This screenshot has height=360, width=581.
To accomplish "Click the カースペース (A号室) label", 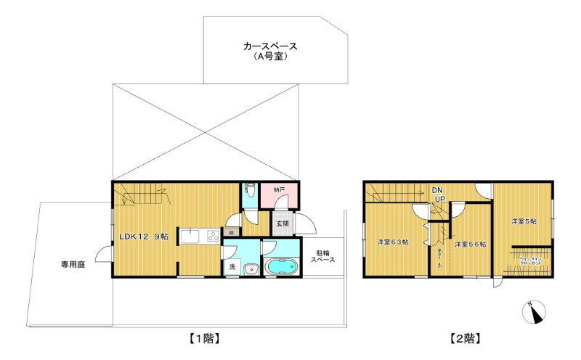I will click(270, 51).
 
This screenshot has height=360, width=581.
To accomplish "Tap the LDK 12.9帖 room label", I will click(144, 237).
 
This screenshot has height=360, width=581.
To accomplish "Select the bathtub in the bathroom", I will click(282, 266).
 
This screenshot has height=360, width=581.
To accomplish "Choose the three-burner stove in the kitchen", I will click(213, 235).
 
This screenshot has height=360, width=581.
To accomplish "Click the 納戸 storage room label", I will click(279, 190).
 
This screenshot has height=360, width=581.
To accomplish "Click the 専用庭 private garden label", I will click(73, 265).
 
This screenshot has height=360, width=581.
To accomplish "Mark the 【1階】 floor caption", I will click(204, 338).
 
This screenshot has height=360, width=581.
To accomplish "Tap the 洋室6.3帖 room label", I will click(391, 242).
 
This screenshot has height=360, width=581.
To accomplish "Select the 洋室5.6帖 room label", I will click(470, 245).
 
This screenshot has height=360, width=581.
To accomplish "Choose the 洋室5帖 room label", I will click(523, 221).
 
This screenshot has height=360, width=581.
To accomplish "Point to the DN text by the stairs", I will click(439, 189).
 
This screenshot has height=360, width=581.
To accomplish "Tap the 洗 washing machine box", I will click(232, 268).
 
